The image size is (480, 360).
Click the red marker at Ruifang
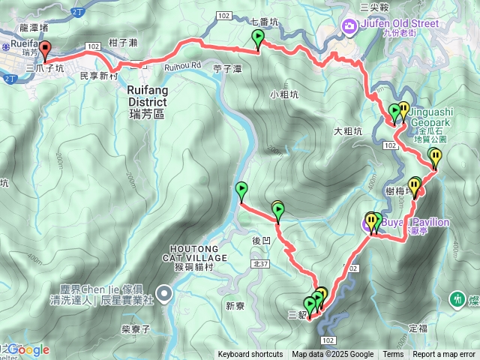[44, 50]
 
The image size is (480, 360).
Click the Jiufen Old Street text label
[398, 23]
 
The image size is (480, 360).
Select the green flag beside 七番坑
[258, 38]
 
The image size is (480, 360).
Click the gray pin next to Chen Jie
[164, 292]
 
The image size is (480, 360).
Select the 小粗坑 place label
[283, 95]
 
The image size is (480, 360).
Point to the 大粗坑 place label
[348, 131]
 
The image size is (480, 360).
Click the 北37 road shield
[260, 264]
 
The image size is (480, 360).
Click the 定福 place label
[418, 328]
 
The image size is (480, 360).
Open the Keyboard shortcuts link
[250, 355]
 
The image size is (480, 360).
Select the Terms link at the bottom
[393, 355]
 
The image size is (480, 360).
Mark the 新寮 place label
[235, 305]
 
